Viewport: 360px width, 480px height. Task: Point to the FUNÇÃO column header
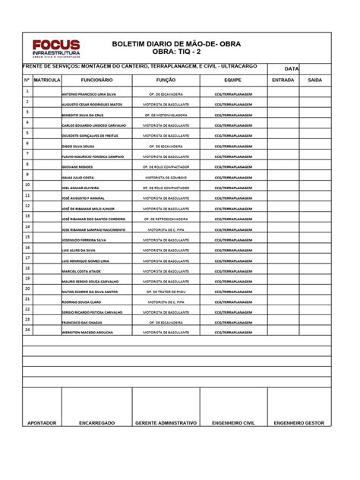[x=166, y=79]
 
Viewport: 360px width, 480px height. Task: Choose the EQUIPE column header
[x=232, y=79]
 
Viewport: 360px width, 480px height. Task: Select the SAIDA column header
[x=314, y=79]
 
